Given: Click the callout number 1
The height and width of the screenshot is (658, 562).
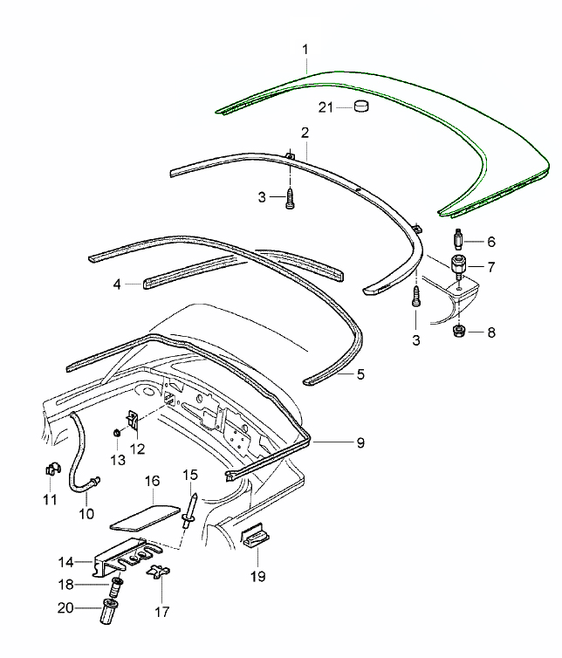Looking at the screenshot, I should coord(305,51).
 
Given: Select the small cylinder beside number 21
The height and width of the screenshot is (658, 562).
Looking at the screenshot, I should coord(362,107).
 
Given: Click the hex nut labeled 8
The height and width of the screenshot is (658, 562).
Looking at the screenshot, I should coord(457,331).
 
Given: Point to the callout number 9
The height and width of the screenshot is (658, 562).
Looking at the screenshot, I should coord(360,442).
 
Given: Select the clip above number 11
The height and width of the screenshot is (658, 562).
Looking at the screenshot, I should coord(51,471).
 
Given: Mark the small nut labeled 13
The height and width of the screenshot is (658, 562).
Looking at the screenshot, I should coord(116,433).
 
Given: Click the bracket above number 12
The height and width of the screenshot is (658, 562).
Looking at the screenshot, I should coord(134,420).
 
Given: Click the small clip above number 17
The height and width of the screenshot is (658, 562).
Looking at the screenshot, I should coord(157,574).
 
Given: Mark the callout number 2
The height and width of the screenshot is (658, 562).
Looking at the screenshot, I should coord(305,133).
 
